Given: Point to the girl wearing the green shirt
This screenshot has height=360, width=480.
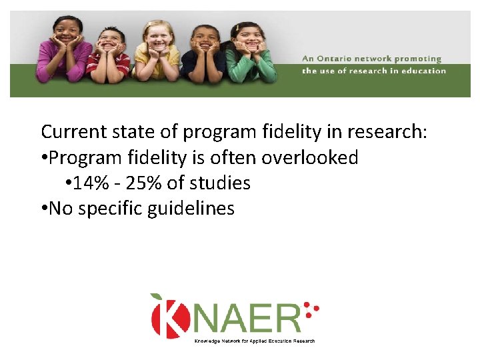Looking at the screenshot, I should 249,57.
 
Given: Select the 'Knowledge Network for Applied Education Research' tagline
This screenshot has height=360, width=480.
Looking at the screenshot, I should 254,341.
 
